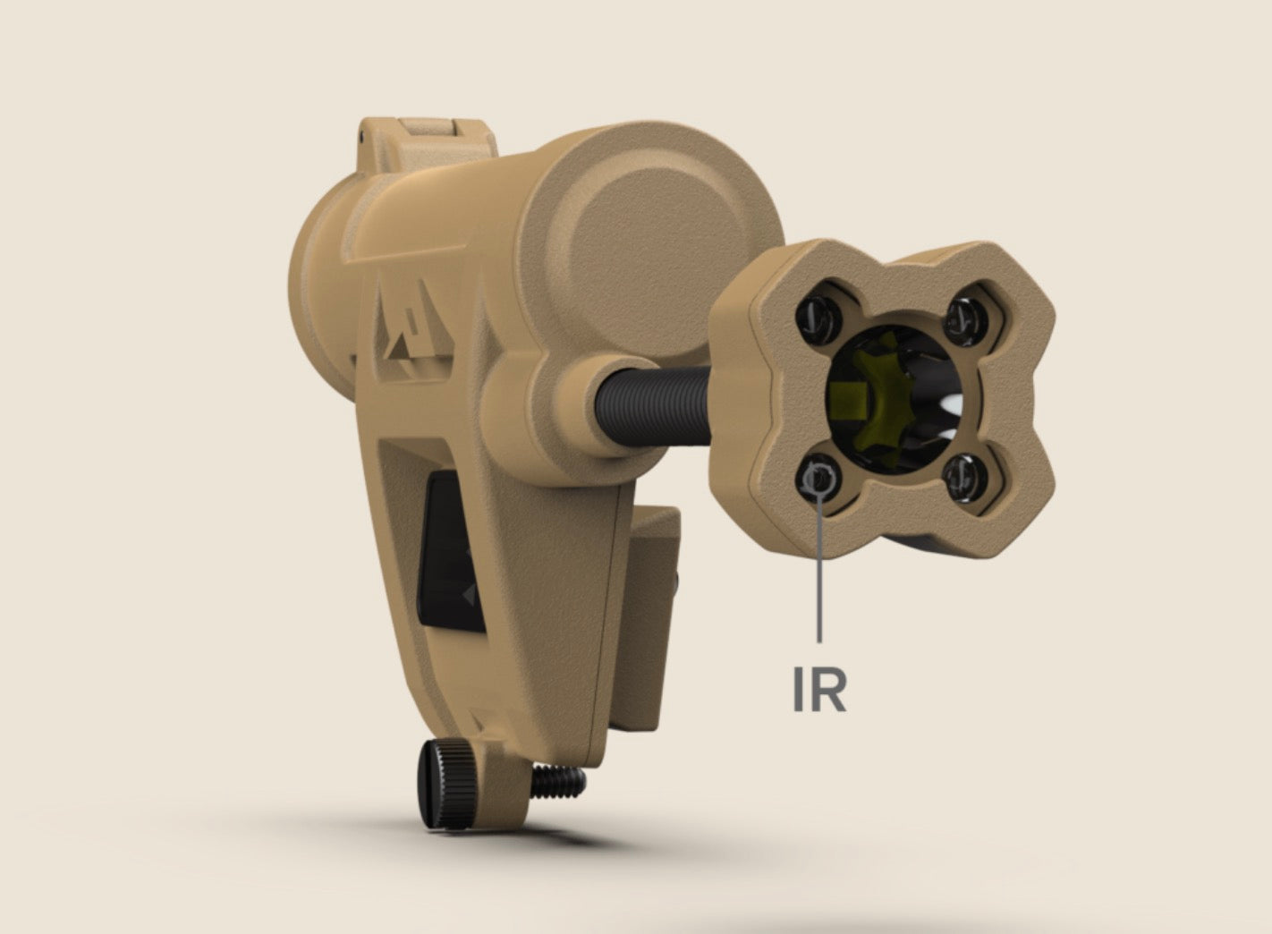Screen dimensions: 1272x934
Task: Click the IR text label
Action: [819, 689]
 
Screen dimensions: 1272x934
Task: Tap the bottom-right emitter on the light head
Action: [963, 478]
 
